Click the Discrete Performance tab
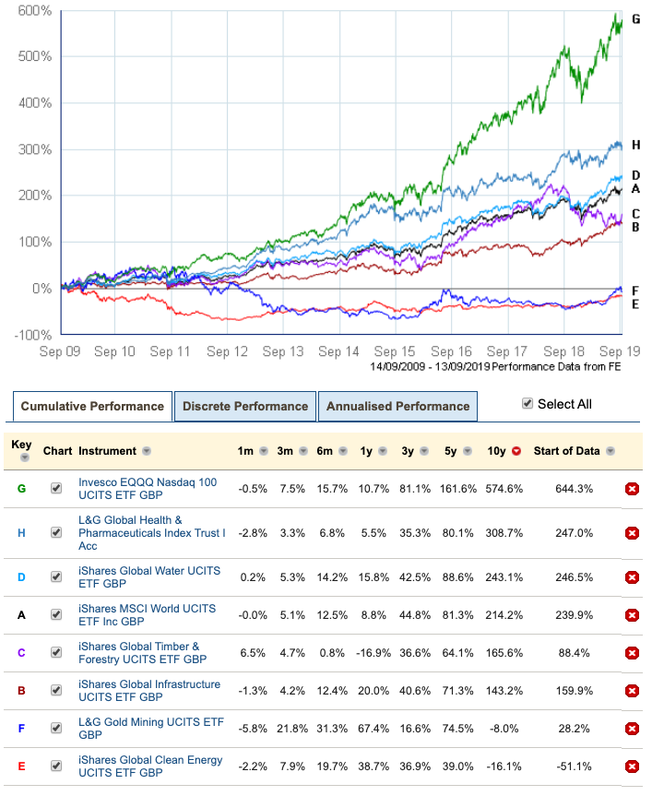click(x=244, y=406)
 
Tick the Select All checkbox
click(x=528, y=403)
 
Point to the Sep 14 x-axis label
click(x=339, y=351)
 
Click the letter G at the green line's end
click(x=635, y=19)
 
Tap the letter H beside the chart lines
click(x=635, y=146)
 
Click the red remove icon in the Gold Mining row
click(x=632, y=729)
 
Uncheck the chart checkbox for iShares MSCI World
click(x=57, y=615)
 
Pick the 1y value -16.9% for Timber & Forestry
click(x=366, y=653)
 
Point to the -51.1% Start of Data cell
click(x=579, y=766)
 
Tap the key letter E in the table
click(x=21, y=766)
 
